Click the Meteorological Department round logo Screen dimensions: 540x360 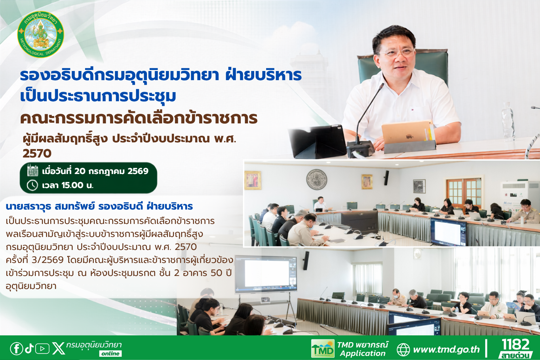coord(41,34)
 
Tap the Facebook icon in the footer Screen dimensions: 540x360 coord(17,349)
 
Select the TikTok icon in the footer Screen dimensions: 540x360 coord(29,348)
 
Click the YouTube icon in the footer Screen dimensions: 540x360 coord(42,349)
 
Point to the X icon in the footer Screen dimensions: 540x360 coord(59,349)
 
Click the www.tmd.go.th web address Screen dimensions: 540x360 coord(446,349)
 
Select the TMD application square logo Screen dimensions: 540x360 coord(322,349)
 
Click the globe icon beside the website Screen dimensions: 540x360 coord(403,350)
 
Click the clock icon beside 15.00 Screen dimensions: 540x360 coord(32,185)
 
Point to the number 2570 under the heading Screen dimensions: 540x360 coord(37,154)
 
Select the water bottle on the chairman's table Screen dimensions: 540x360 coord(508,122)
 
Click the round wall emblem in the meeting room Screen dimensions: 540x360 coord(316,179)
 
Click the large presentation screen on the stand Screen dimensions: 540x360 coord(266,275)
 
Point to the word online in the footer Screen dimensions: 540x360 coord(110,354)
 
